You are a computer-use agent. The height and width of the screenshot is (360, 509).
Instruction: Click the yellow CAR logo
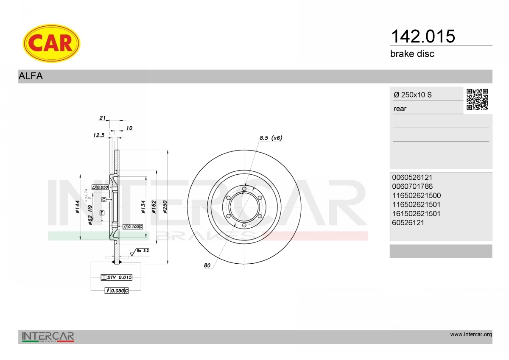coord(51,43)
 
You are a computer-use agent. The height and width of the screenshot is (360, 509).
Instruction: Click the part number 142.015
coord(423,36)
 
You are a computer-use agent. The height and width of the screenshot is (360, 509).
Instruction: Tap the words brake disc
coord(412,54)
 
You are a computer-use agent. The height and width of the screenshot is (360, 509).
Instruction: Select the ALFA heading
coord(31,76)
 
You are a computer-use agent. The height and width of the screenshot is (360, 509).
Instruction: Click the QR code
coord(477,100)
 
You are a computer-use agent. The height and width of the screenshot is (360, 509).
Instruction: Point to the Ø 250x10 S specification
coord(413,95)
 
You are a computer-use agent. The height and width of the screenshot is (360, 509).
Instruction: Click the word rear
coord(400,109)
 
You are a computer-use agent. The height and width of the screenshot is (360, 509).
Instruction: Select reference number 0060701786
coord(412,187)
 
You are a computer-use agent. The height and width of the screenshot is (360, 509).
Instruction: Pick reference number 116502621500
coord(416,195)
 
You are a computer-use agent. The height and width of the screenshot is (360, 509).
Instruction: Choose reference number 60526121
coord(408,223)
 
